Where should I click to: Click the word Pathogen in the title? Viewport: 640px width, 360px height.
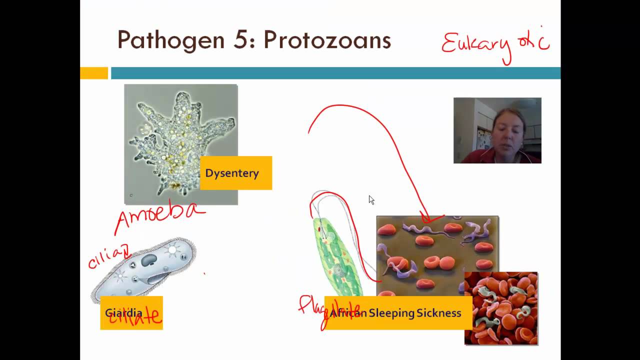170,40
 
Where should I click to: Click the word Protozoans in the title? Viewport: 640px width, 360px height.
327,40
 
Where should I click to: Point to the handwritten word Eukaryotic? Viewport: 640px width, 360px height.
495,44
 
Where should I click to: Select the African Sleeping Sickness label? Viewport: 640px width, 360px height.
398,313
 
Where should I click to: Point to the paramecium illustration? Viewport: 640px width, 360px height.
145,270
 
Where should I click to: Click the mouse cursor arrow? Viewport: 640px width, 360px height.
371,199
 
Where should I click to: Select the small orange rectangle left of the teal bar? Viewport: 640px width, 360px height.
94,73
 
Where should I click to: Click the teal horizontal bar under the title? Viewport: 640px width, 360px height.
335,73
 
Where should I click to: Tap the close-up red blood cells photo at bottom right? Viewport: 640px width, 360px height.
501,309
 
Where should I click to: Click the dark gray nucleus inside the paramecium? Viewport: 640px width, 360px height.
149,260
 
